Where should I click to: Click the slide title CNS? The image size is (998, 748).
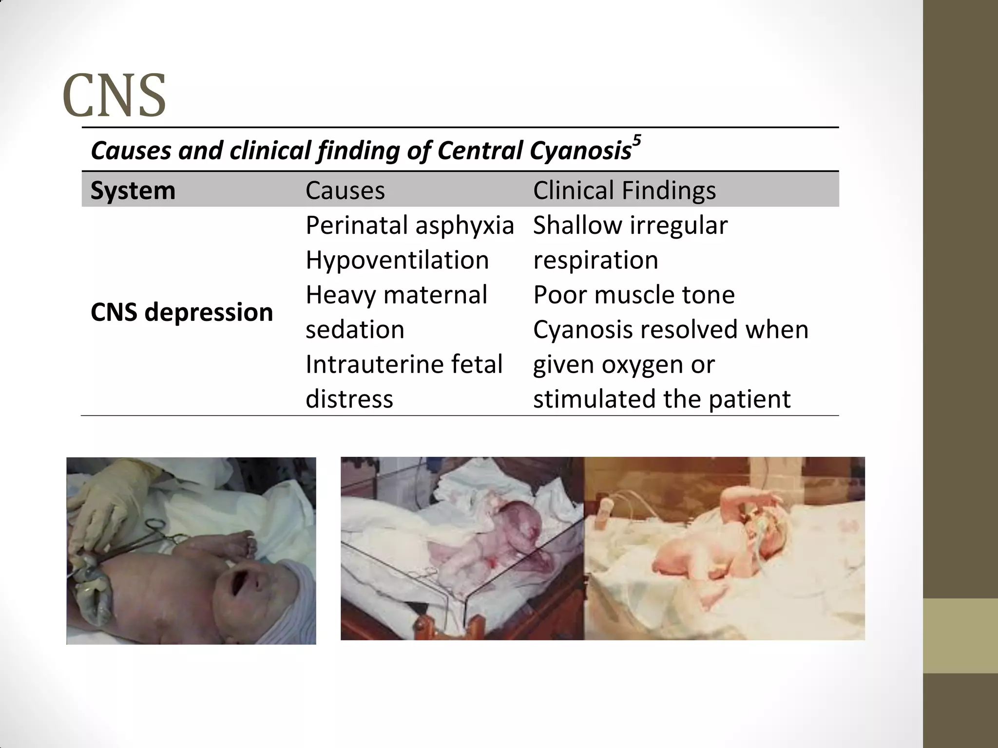coord(115,95)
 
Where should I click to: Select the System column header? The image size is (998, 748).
coord(133,190)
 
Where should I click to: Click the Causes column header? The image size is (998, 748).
coord(345,190)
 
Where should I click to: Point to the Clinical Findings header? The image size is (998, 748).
coord(624,190)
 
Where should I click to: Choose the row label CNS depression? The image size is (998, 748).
coord(181,312)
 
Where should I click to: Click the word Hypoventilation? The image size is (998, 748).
coord(397,260)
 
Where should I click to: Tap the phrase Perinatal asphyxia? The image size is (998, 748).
coord(409,225)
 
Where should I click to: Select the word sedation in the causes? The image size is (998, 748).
coord(355,330)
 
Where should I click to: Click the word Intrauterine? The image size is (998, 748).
coord(370,364)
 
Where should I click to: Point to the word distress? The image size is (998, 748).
coord(349,399)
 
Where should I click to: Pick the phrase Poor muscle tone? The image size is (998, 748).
coord(633,295)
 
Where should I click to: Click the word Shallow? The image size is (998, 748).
coord(576,225)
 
